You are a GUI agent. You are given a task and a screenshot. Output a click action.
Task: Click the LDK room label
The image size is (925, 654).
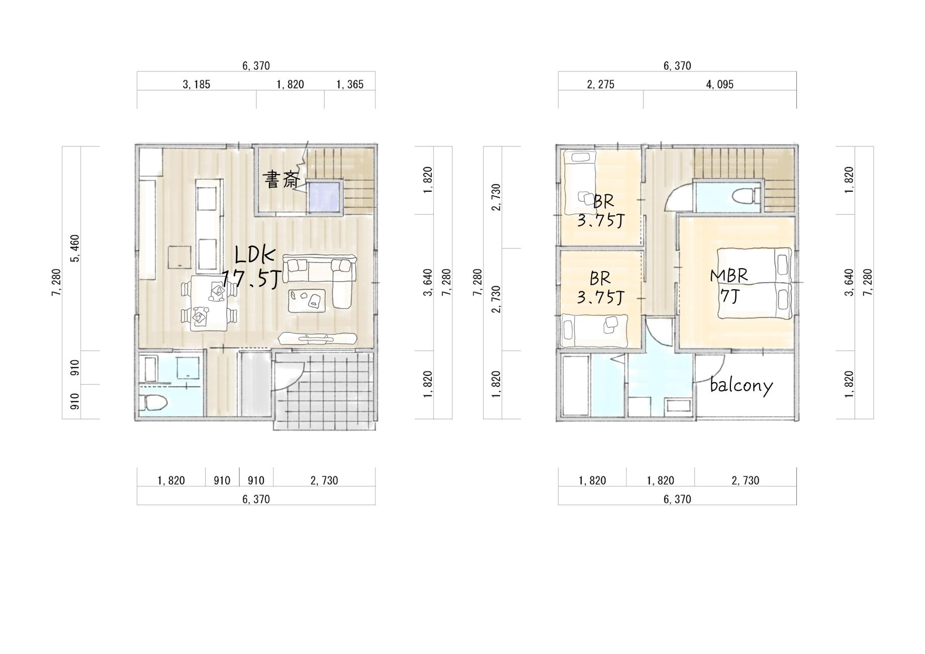click(x=255, y=256)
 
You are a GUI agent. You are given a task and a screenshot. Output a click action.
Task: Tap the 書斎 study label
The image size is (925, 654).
click(x=282, y=180)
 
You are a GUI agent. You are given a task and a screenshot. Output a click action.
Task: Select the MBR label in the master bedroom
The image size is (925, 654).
click(x=729, y=276)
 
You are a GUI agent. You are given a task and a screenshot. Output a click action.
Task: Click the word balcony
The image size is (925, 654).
click(x=741, y=385)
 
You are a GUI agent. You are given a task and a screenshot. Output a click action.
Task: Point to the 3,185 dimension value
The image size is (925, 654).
click(x=196, y=85)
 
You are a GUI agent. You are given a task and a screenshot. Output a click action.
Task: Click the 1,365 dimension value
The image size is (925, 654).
click(x=349, y=85)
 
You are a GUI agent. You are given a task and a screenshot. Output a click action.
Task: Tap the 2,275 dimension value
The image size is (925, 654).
click(x=600, y=85)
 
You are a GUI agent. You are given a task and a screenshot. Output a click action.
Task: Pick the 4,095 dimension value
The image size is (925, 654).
click(x=719, y=85)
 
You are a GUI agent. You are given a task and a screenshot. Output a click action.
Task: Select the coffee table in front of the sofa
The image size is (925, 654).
click(x=307, y=301)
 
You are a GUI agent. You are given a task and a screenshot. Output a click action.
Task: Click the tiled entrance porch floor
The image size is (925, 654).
click(x=324, y=390)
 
